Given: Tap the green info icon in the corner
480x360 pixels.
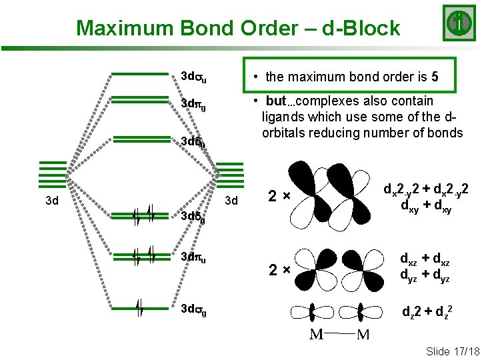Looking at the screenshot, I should coord(458,23).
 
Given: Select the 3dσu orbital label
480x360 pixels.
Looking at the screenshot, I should coord(193,77).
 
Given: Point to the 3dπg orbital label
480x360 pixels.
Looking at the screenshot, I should coord(193,105).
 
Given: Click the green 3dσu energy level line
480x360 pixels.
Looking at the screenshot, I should coord(140,74).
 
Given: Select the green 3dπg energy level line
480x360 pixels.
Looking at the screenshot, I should coord(140,101).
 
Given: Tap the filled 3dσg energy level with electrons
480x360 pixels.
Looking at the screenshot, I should coord(140,307).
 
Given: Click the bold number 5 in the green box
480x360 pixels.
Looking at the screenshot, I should coord(434,76).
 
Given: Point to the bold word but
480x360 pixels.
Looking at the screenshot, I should coord(275,101).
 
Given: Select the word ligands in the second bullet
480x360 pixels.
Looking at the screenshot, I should coord(283,117).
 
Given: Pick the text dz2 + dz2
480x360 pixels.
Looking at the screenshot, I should coord(427,309).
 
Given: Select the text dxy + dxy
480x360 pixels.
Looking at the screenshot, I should coord(427,208).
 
